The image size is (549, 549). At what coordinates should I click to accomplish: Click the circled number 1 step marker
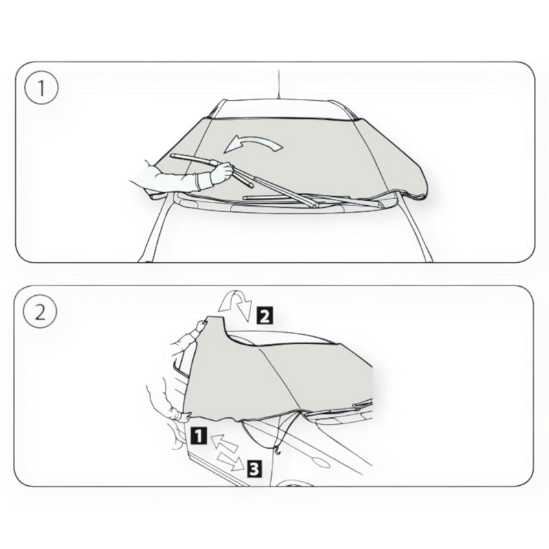click(41, 88)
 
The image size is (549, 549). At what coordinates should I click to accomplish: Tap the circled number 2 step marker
click(40, 312)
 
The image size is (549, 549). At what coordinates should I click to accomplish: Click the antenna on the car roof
click(279, 84)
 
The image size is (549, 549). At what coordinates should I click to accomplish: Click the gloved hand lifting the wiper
click(221, 173)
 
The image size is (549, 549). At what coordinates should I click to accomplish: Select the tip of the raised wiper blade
click(172, 156)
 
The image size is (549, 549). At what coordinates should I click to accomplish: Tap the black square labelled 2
click(265, 316)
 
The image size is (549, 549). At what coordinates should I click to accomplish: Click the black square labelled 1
click(198, 436)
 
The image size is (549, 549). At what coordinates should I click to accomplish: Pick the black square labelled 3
click(255, 469)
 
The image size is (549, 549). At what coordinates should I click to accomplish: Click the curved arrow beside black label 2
click(235, 304)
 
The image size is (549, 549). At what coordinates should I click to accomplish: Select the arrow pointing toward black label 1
click(225, 442)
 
